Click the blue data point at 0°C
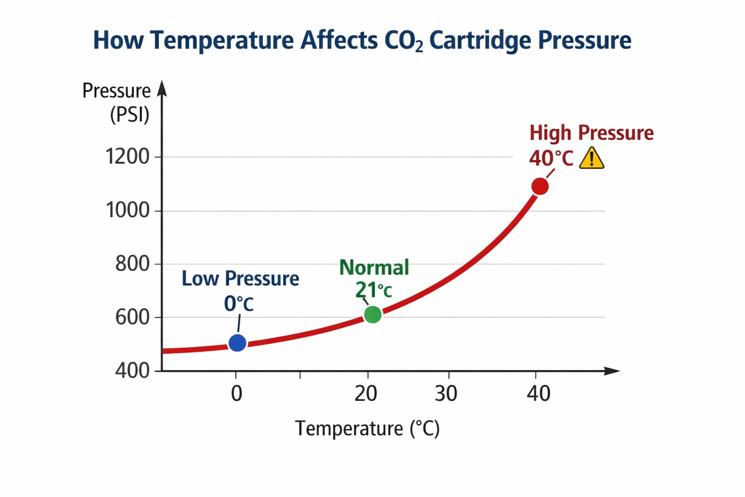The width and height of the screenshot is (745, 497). tap(237, 343)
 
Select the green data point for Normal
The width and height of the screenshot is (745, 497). tap(372, 315)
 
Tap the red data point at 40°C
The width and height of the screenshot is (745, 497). tap(540, 186)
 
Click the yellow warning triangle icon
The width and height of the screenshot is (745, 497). tap(592, 159)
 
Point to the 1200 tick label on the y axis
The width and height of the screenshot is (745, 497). tap(128, 157)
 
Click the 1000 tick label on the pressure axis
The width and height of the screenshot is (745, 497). tap(128, 211)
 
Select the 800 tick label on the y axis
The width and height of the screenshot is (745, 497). tap(132, 264)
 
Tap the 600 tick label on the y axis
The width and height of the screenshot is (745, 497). tap(132, 317)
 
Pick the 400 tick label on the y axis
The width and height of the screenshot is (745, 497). tap(132, 371)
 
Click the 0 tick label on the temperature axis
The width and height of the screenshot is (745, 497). tap(236, 394)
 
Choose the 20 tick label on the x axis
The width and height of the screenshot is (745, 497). tap(366, 394)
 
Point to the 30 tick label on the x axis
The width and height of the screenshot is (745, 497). tap(446, 394)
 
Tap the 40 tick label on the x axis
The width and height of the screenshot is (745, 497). tap(538, 394)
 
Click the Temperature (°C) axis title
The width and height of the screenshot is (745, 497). tap(367, 429)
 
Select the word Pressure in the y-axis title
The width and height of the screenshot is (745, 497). tap(116, 91)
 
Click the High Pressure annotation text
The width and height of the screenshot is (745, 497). tap(591, 133)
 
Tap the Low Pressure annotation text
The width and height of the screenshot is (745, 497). tap(240, 279)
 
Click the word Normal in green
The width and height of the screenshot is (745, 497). tap(374, 267)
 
